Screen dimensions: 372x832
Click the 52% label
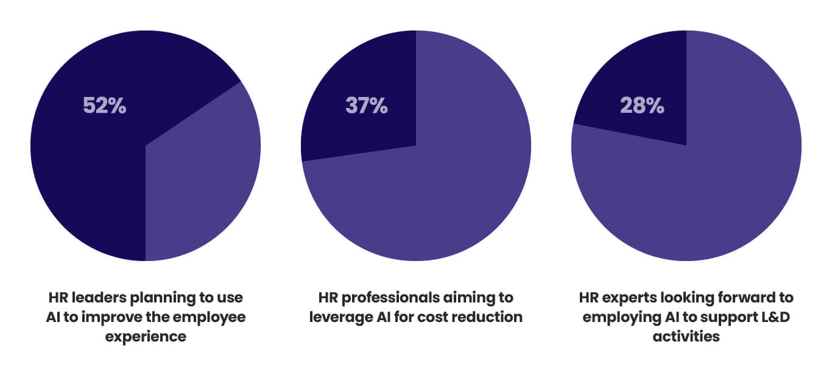tap(104, 106)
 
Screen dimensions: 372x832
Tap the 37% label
tap(366, 106)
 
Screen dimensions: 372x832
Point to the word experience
tap(146, 336)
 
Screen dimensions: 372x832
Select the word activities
tap(686, 336)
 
